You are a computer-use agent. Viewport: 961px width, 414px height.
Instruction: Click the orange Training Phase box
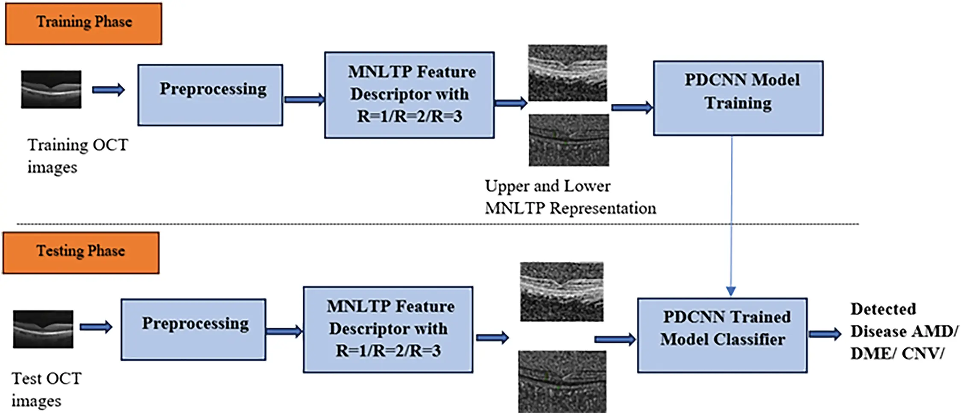point(84,24)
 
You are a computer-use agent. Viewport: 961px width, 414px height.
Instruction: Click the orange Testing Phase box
point(81,252)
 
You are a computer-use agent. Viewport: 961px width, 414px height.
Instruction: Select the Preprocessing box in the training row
point(210,95)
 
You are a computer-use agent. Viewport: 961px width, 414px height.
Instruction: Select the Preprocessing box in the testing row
point(193,329)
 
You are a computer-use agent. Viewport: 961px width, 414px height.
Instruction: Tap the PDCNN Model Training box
point(738,98)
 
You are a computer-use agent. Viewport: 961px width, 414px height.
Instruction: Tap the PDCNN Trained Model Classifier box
point(722,335)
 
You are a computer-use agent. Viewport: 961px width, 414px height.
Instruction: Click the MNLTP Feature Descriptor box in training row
point(409,95)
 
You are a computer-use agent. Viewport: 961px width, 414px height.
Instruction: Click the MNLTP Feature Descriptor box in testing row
point(388,329)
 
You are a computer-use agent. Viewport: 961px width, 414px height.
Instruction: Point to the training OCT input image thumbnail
point(51,89)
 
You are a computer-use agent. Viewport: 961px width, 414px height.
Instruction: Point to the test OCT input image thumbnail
point(43,329)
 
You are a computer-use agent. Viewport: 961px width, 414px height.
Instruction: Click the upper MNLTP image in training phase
point(567,73)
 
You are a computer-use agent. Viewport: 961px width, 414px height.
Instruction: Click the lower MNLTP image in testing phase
point(562,381)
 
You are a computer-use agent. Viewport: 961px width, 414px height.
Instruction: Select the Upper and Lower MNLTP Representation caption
point(570,197)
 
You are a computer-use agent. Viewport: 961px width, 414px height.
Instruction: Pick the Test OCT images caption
point(46,389)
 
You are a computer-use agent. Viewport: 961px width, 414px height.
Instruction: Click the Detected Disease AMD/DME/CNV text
point(903,331)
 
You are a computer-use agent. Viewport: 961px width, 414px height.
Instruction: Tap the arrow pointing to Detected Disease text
point(825,334)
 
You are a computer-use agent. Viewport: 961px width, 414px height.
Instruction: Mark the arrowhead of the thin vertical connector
point(731,291)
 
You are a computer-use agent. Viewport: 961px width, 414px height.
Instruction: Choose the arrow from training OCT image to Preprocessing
point(108,90)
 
